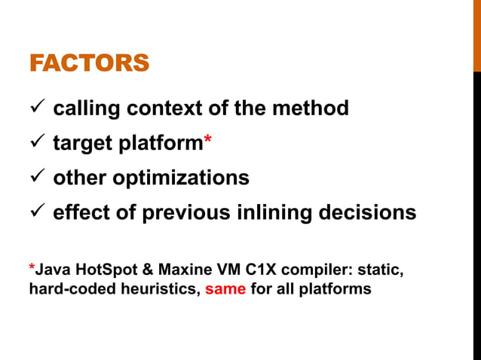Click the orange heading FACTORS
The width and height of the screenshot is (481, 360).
coord(89,63)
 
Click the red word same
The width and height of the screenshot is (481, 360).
coord(225,288)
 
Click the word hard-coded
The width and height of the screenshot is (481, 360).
coord(67,288)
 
